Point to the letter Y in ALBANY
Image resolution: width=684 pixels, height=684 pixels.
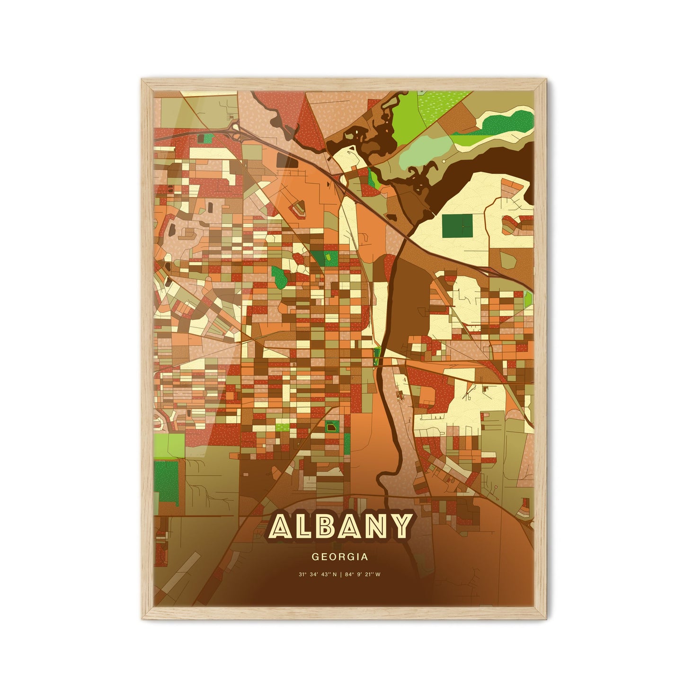click(400, 527)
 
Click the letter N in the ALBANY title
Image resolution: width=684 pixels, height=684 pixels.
click(377, 527)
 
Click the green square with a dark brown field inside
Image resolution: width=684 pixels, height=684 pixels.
click(332, 428)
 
